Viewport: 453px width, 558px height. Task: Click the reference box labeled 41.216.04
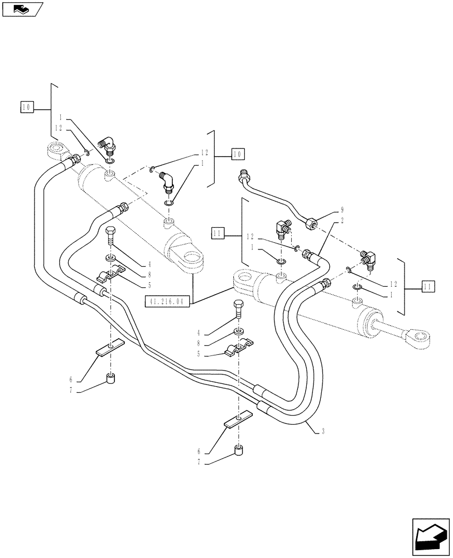tap(167, 302)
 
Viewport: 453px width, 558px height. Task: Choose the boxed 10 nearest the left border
tap(27, 106)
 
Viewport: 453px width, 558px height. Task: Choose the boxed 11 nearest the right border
tap(427, 286)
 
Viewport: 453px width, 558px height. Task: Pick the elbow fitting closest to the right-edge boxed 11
tap(369, 258)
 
